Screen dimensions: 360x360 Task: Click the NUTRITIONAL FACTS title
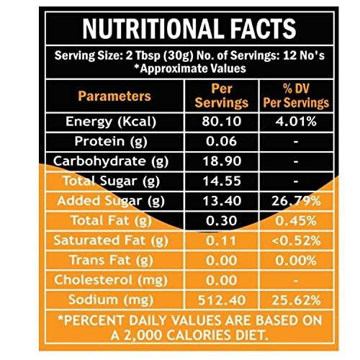(x=189, y=28)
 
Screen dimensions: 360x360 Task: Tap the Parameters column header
(x=114, y=96)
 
